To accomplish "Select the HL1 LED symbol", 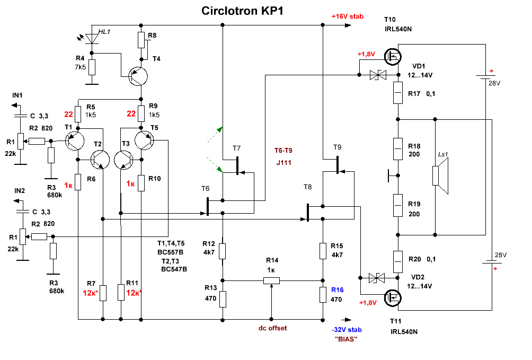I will tap(93, 38).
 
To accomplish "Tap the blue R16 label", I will tap(337, 290).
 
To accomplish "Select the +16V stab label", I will tap(348, 16).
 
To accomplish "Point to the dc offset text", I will tap(272, 328).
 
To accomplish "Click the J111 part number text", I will tap(284, 163).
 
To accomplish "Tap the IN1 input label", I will tap(17, 95).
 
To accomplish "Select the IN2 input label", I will tap(20, 190).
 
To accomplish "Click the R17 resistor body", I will tap(398, 93).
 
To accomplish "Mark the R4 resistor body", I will tap(92, 67).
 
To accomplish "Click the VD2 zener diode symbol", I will tap(377, 277).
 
